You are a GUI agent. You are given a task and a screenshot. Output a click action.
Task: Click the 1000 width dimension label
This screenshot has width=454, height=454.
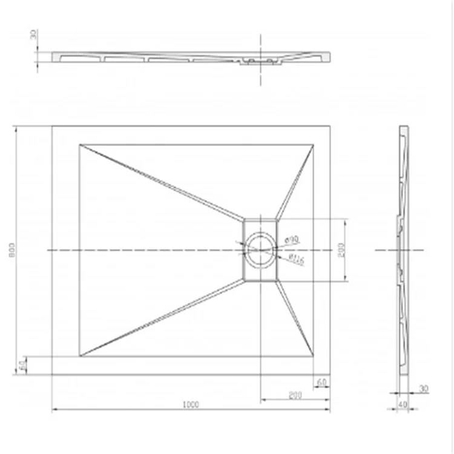[x=191, y=404]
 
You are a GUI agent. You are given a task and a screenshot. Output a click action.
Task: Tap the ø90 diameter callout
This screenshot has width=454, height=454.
[x=293, y=240]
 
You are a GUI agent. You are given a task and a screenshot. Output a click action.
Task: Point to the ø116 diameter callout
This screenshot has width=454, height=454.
[x=296, y=260]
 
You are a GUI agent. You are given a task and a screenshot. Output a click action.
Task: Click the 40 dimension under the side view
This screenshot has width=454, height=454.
[x=401, y=404]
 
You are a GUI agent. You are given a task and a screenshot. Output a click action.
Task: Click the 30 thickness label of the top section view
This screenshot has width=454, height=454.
[x=34, y=35]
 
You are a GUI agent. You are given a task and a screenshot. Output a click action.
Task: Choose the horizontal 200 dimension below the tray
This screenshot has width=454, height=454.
[x=295, y=395]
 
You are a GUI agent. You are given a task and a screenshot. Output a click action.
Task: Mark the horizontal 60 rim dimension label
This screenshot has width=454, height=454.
[x=321, y=383]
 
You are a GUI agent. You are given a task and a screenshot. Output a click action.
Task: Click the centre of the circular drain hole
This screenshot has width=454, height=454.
[x=260, y=249]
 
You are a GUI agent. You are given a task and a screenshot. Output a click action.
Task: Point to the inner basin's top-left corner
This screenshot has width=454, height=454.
[x=80, y=144]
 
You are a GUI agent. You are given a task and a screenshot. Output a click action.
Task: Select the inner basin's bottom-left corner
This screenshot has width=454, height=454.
[x=80, y=356]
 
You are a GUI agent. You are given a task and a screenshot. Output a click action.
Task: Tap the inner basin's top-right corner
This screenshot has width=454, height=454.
[x=314, y=144]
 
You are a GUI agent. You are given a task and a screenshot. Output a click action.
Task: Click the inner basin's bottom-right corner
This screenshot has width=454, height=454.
[x=314, y=356]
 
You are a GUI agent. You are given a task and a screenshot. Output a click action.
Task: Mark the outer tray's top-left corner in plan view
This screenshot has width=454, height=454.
[x=52, y=126]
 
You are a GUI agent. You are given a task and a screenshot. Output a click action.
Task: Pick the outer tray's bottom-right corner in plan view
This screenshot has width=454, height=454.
[x=331, y=375]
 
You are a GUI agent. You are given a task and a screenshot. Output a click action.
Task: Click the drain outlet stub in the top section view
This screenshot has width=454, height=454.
[x=262, y=62]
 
